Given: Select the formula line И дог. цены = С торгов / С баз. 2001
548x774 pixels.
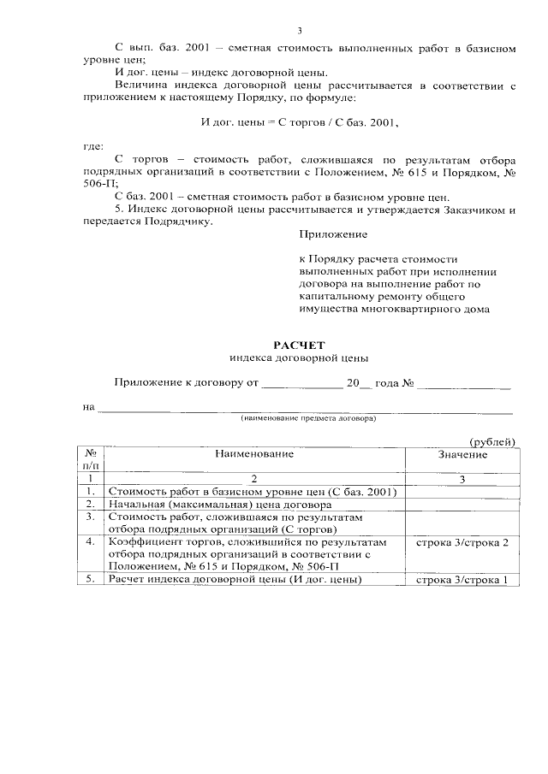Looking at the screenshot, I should coord(299,123).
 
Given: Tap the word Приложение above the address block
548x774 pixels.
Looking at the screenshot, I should coord(333,233).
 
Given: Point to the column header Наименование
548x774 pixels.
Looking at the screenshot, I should coord(253,453).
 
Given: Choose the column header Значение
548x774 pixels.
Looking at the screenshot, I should coord(462,454).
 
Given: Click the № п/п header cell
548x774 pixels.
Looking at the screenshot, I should coord(91,458).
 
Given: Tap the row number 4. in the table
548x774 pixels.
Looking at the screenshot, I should coord(91,542).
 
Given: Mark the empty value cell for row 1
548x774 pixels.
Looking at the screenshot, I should coord(462,492).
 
